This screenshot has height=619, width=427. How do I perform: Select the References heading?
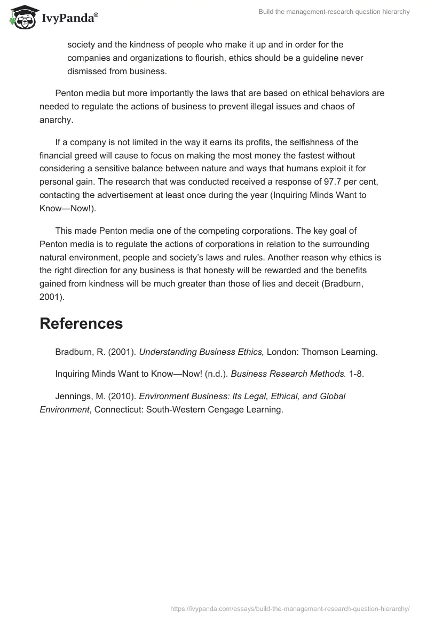[81, 323]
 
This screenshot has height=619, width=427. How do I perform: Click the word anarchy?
[56, 120]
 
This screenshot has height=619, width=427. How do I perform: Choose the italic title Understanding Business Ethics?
[201, 352]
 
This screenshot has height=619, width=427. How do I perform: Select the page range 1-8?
[357, 374]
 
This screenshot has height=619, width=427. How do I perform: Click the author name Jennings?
[73, 396]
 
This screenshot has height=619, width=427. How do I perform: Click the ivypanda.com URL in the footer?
[290, 608]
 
